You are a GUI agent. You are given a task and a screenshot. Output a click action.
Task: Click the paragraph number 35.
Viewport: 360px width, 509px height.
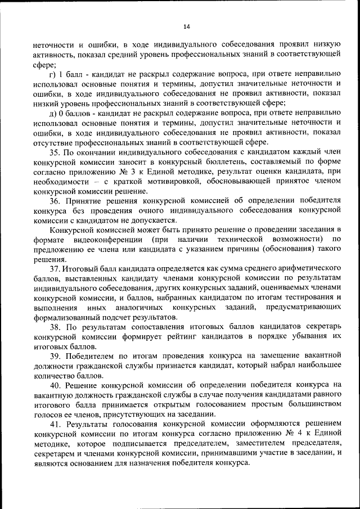click(55, 152)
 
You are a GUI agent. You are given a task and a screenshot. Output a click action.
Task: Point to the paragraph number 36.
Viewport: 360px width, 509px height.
click(55, 201)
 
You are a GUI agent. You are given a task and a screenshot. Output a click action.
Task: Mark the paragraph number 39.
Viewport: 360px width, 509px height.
click(55, 356)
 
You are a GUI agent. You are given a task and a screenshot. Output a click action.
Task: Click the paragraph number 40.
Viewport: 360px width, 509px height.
click(55, 385)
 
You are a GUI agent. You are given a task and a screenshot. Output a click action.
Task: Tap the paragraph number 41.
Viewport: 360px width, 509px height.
click(55, 424)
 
